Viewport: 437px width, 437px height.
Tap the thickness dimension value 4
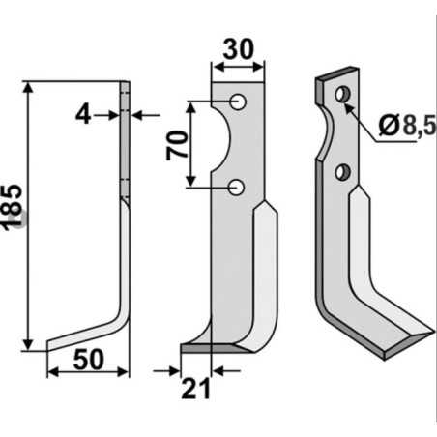tap(83, 115)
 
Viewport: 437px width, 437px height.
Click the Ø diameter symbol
tap(386, 124)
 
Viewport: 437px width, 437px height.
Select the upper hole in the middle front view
tap(237, 102)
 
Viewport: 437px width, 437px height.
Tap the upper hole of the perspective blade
tap(340, 94)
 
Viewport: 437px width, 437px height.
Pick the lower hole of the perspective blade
tap(340, 172)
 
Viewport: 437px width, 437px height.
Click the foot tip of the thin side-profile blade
tap(48, 346)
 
